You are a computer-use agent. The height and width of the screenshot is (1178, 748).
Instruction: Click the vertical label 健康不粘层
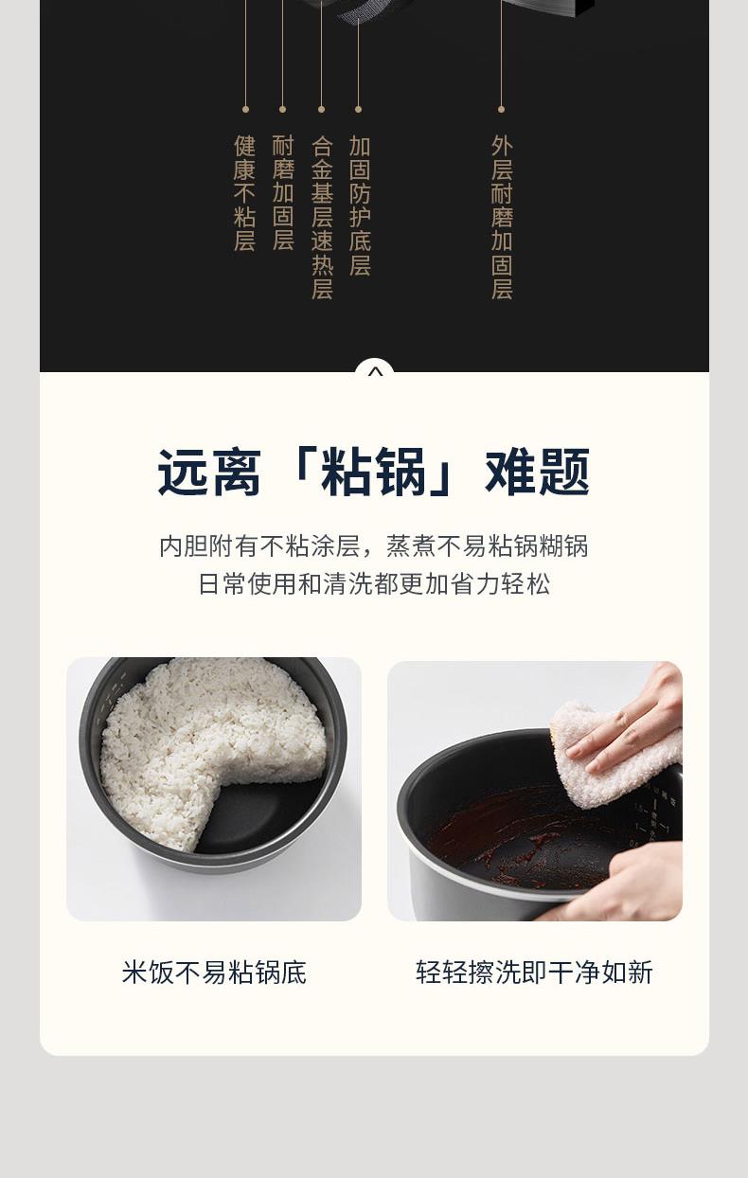[x=245, y=193]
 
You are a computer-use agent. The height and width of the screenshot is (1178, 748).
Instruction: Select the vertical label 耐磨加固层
[x=283, y=193]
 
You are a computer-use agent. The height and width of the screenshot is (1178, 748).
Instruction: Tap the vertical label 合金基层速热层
[x=322, y=217]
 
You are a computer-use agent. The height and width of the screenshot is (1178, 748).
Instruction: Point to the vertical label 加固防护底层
[x=360, y=205]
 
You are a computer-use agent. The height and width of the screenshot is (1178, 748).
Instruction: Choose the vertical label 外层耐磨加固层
[x=502, y=217]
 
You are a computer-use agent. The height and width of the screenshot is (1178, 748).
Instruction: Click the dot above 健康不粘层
[x=245, y=110]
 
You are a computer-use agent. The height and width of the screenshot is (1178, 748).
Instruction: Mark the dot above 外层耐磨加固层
[x=501, y=110]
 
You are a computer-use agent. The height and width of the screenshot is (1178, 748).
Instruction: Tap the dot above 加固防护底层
[x=359, y=110]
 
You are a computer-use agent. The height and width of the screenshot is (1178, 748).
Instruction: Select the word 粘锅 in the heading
[x=374, y=473]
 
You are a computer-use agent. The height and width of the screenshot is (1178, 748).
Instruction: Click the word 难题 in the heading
[x=537, y=473]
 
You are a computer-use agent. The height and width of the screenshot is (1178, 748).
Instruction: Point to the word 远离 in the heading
[x=209, y=473]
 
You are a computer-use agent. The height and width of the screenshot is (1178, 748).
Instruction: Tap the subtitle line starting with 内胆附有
[x=374, y=545]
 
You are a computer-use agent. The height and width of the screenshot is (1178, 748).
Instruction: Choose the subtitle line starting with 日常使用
[x=374, y=583]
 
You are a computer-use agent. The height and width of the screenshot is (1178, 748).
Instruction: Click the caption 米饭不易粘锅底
[x=214, y=973]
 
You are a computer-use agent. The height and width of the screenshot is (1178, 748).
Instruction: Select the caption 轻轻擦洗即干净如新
[x=534, y=973]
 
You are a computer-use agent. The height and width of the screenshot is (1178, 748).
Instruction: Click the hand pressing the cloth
[x=631, y=721]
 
